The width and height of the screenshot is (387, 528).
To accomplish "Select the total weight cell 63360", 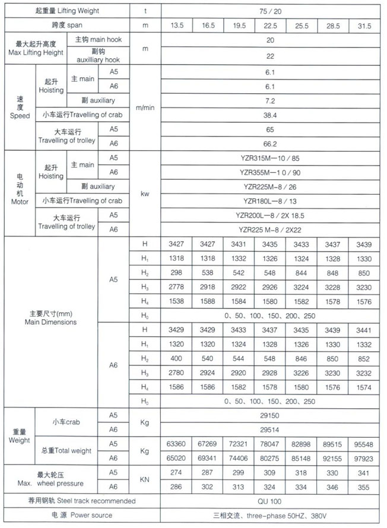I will tap(176, 444).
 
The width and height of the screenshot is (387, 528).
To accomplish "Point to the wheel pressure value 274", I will tap(176, 473).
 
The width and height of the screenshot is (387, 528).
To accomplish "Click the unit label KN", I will tap(144, 480).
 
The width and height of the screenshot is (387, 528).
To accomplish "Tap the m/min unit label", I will tap(144, 107).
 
